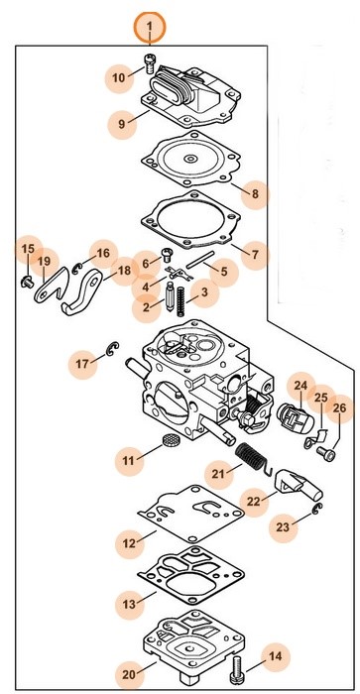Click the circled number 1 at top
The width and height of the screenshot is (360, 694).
click(x=150, y=27)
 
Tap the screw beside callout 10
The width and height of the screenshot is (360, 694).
click(x=149, y=65)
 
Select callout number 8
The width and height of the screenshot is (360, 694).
click(x=255, y=194)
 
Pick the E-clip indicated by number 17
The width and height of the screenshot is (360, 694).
click(x=112, y=349)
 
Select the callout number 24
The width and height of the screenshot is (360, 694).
click(x=300, y=387)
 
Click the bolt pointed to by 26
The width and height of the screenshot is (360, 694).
click(x=326, y=453)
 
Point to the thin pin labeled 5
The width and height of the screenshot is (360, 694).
click(x=200, y=260)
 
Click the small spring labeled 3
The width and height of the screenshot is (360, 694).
click(x=180, y=301)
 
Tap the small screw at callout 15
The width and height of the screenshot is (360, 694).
click(x=27, y=281)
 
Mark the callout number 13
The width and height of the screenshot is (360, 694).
click(x=129, y=604)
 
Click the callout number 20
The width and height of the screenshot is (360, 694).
click(x=129, y=675)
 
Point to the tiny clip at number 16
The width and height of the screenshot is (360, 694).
click(x=78, y=267)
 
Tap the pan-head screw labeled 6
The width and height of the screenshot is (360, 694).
click(x=168, y=253)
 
